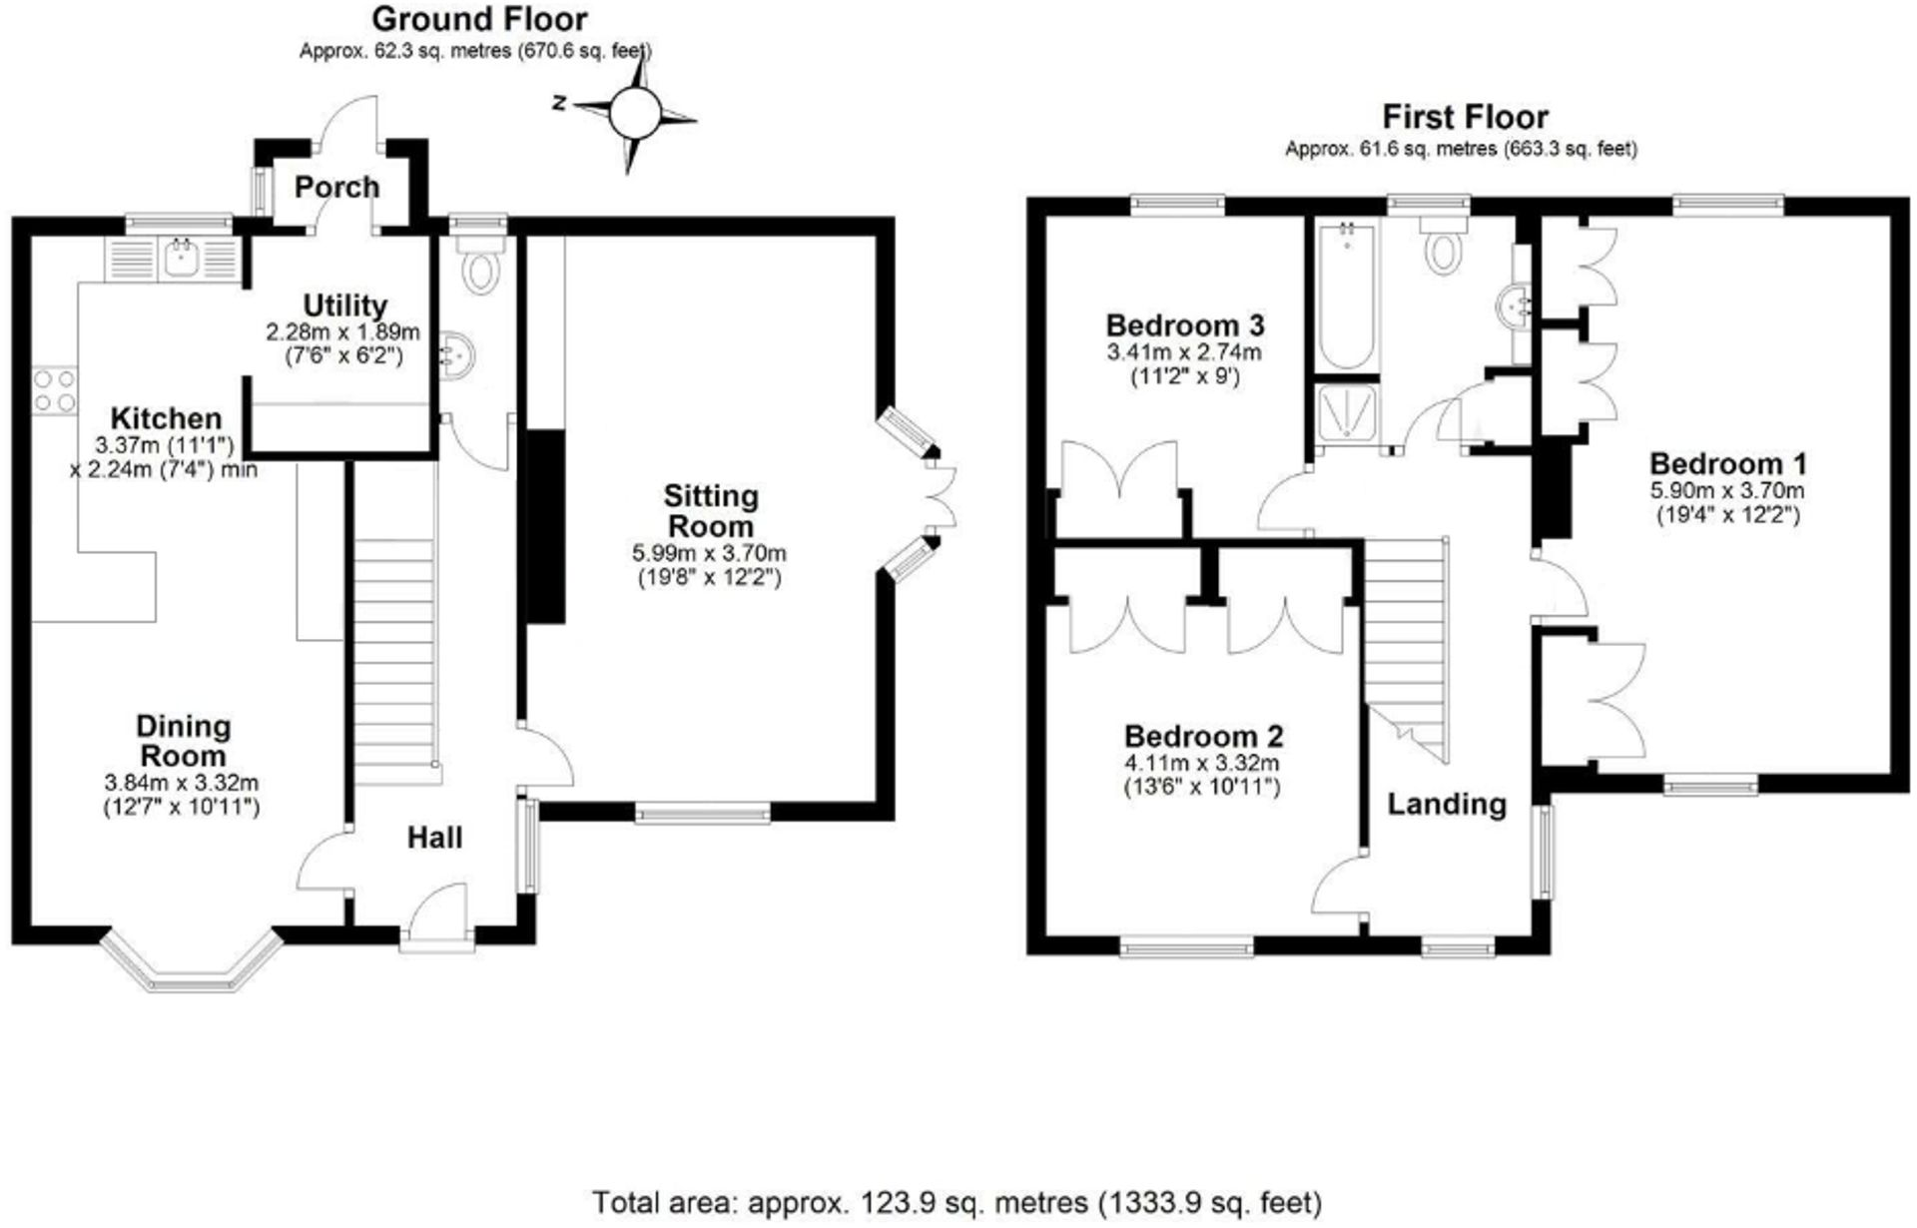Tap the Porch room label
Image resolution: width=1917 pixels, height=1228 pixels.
[336, 187]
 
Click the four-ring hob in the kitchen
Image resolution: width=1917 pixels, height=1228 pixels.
[55, 390]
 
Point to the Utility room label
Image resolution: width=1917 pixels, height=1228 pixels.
[344, 305]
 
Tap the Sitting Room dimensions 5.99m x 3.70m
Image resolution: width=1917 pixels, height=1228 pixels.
[710, 552]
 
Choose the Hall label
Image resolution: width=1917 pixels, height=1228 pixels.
[434, 838]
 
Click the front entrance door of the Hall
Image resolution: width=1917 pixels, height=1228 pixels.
[437, 917]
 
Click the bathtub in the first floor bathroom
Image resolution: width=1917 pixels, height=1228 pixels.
[1345, 297]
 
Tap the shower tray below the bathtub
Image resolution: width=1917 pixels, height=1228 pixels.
[1345, 412]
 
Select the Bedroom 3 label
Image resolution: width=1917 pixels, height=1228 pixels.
[1184, 325]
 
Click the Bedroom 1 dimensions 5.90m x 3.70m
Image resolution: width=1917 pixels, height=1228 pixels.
[1726, 490]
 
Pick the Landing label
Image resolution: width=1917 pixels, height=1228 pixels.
[1447, 804]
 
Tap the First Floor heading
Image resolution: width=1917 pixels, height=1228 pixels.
[1465, 117]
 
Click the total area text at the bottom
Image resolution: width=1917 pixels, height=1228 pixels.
[957, 1201]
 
